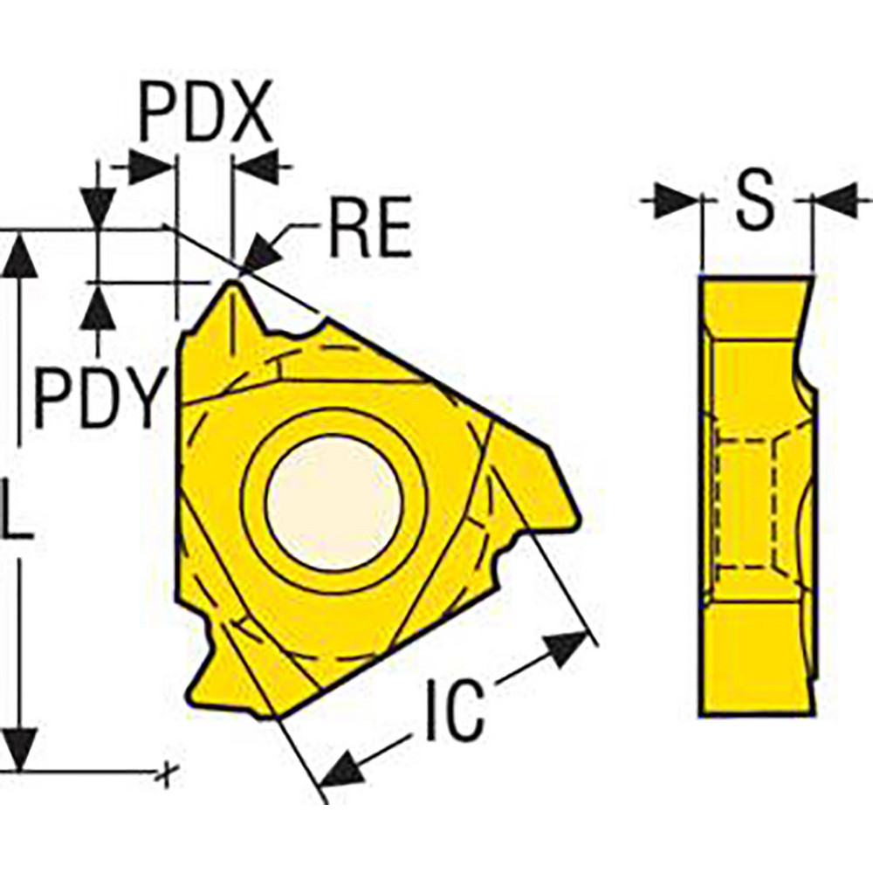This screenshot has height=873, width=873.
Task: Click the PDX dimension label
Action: pos(206,113)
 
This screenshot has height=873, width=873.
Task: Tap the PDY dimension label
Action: pos(98,398)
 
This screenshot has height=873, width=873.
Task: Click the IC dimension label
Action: pos(456,711)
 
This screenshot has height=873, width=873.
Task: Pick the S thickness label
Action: pos(756,203)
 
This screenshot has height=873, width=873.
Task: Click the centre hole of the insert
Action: pos(333,501)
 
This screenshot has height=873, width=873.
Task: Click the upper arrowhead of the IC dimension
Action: pos(567,647)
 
